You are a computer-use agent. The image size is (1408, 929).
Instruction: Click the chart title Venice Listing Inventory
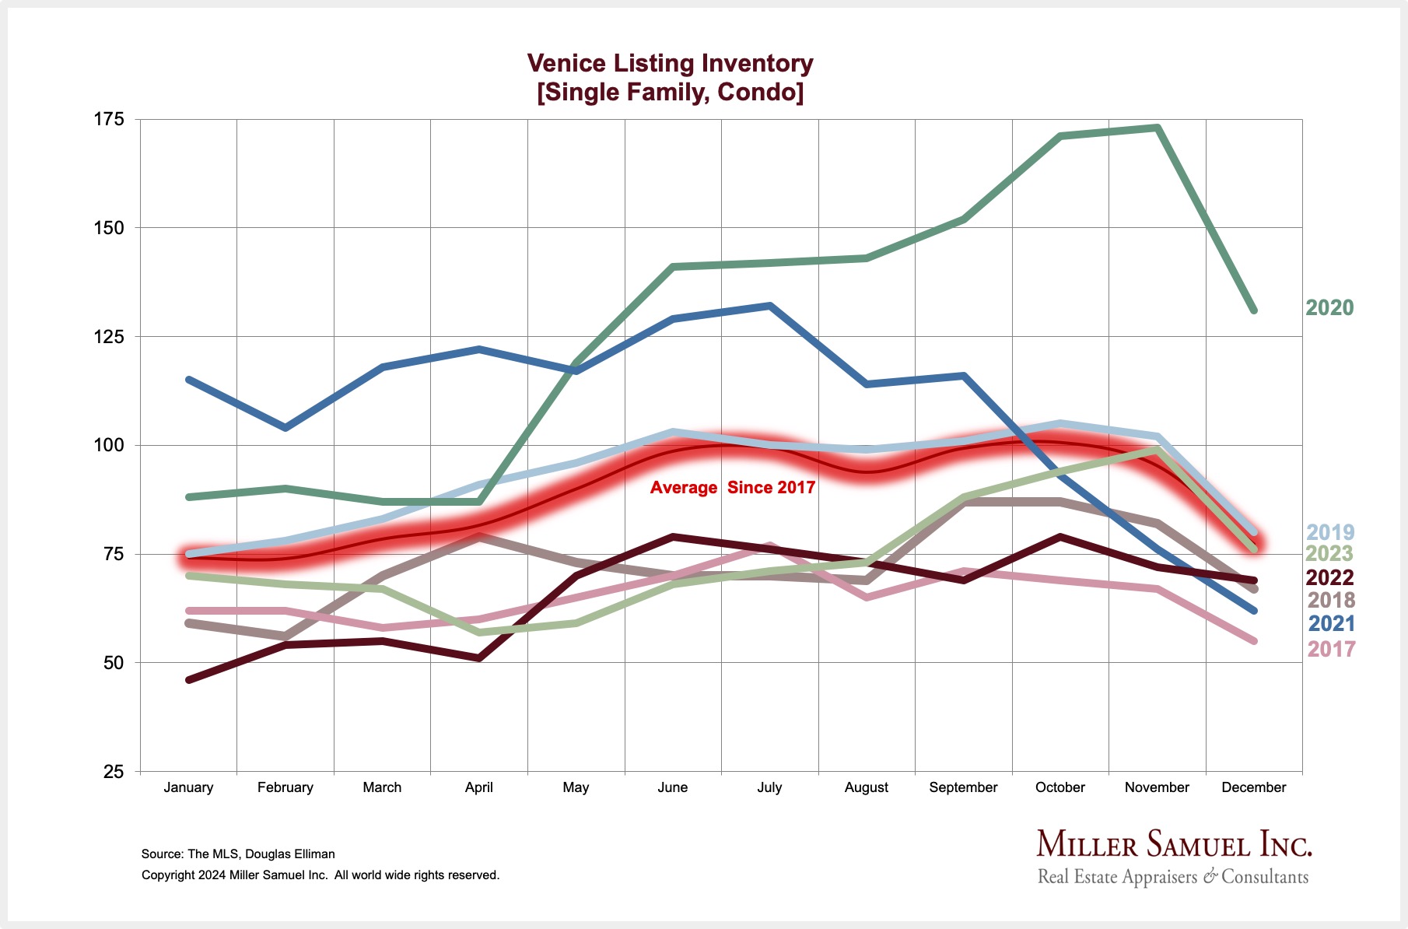pos(670,63)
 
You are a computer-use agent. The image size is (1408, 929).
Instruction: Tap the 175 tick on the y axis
pos(109,119)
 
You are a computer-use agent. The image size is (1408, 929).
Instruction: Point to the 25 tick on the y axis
pos(114,771)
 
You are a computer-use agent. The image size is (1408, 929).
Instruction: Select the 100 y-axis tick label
pos(109,445)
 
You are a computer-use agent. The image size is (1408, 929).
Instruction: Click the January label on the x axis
pos(188,787)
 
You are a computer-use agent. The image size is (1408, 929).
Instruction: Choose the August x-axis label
pos(866,787)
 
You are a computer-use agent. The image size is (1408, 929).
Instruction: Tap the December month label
pos(1253,787)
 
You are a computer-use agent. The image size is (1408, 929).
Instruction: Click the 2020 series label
pos(1329,308)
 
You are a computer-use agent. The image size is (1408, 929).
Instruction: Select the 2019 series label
pos(1329,532)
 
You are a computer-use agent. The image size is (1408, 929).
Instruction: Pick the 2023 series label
pos(1329,554)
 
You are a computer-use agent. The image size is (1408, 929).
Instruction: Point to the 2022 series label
pos(1329,577)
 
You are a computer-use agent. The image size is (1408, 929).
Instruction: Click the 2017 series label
pos(1331,649)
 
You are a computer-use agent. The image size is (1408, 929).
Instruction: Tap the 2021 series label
pos(1331,623)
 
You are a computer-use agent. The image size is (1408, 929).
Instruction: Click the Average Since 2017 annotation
pos(732,488)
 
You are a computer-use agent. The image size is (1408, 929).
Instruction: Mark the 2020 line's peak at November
pos(1158,128)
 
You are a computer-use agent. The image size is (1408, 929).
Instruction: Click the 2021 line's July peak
pos(770,306)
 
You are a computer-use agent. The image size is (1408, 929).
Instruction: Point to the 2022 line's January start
pos(189,680)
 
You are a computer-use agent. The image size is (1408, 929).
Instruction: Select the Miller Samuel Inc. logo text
pos(1174,845)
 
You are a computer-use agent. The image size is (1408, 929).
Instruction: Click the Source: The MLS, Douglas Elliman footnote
pos(238,854)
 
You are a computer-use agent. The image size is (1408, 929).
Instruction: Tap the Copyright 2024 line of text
pos(320,875)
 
